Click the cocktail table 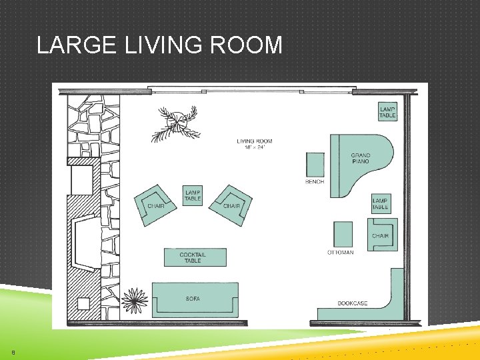tap(195, 257)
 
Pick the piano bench tap(315, 165)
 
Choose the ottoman tap(343, 234)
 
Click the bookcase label tap(352, 303)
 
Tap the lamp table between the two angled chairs tap(193, 195)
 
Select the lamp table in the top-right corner tap(387, 112)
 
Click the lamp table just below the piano tap(380, 203)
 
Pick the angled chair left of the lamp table tap(156, 203)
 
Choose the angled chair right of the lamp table tap(230, 203)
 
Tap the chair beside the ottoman tap(381, 235)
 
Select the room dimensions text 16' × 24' tap(254, 147)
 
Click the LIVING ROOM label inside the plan tap(254, 141)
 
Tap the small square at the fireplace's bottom tap(83, 304)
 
